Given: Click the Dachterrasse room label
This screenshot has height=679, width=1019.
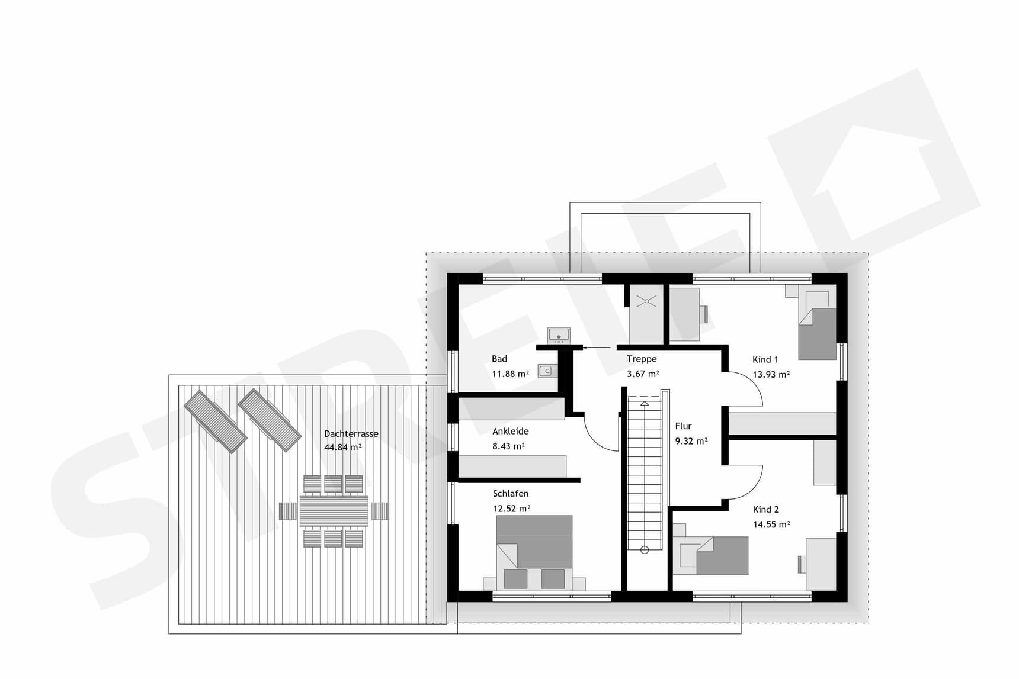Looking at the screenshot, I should (x=351, y=434).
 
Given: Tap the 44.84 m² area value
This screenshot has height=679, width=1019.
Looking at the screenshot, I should (x=342, y=448).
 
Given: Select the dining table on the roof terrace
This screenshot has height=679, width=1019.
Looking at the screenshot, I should (x=334, y=511).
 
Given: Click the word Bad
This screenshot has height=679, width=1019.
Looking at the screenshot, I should (x=499, y=359).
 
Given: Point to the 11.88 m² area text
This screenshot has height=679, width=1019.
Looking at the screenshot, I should (x=510, y=374).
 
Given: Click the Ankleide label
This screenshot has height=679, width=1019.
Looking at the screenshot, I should (x=510, y=432).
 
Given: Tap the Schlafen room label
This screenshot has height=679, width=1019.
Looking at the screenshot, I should (x=511, y=494).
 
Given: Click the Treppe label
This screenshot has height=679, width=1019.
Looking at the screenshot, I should (x=642, y=359).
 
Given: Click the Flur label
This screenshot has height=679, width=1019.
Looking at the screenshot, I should (x=683, y=426).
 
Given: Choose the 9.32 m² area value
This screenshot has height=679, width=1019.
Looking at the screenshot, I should (x=691, y=441).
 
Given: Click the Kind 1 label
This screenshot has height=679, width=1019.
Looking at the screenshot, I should (x=765, y=359).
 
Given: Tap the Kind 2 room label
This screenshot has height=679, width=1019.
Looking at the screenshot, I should (x=765, y=509).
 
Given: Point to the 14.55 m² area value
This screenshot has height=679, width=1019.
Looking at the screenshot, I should (x=771, y=524).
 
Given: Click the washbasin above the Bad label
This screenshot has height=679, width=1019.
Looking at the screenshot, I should (x=558, y=336).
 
